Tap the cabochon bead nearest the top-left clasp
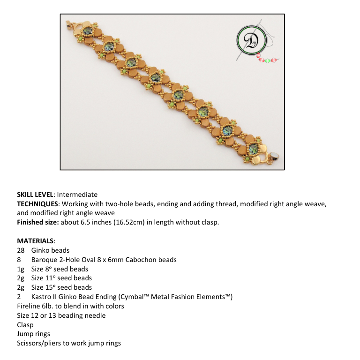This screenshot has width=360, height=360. click(x=88, y=32)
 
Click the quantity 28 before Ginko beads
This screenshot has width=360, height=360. click(x=21, y=250)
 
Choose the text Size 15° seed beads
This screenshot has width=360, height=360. click(x=61, y=287)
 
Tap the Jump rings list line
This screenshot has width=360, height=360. click(x=33, y=334)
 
